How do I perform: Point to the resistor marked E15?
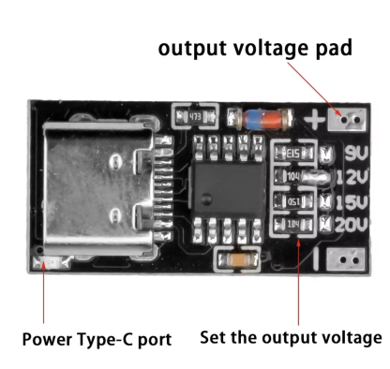click(x=292, y=154)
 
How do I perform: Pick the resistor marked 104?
click(x=293, y=175)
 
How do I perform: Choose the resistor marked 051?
click(x=292, y=199)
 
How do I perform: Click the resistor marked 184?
click(x=292, y=223)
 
